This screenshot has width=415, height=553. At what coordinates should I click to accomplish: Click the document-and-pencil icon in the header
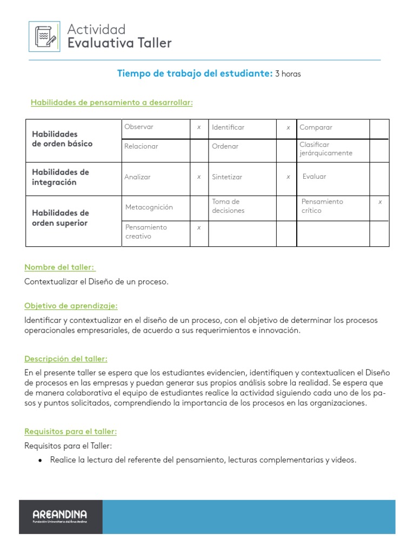45,36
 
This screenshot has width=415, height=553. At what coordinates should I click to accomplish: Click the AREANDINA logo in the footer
59,516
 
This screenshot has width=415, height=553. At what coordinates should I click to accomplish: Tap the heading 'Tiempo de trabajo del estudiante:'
195,74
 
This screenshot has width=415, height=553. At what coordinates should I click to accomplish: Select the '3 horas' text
288,75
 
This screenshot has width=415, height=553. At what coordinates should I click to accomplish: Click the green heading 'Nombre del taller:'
59,267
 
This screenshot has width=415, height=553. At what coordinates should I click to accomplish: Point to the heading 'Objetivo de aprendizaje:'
71,306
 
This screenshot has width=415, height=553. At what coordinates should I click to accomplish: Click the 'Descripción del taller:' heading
66,359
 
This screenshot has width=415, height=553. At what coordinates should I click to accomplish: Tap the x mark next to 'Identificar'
288,127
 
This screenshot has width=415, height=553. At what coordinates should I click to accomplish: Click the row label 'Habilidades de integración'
61,177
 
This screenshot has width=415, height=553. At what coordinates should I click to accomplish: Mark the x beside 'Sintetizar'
288,177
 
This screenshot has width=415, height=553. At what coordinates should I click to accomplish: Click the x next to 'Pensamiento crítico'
380,202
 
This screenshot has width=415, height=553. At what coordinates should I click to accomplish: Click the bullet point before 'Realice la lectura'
40,460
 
